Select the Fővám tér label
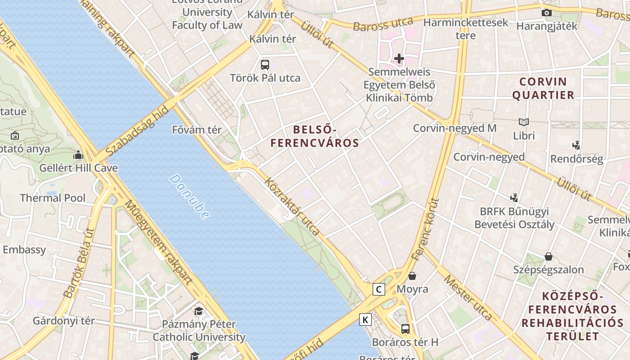197,130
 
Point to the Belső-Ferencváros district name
315,136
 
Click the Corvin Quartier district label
543,88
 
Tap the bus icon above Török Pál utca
265,64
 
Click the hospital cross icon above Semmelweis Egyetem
399,58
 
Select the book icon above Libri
524,122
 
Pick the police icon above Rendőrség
576,145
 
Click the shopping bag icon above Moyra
412,276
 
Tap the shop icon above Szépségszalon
549,256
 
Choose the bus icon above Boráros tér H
405,329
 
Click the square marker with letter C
379,289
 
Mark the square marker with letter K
365,320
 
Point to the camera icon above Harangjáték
547,13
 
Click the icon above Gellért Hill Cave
79,155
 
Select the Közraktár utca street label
292,207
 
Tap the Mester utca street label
468,297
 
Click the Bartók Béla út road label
79,263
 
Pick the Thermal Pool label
53,198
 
